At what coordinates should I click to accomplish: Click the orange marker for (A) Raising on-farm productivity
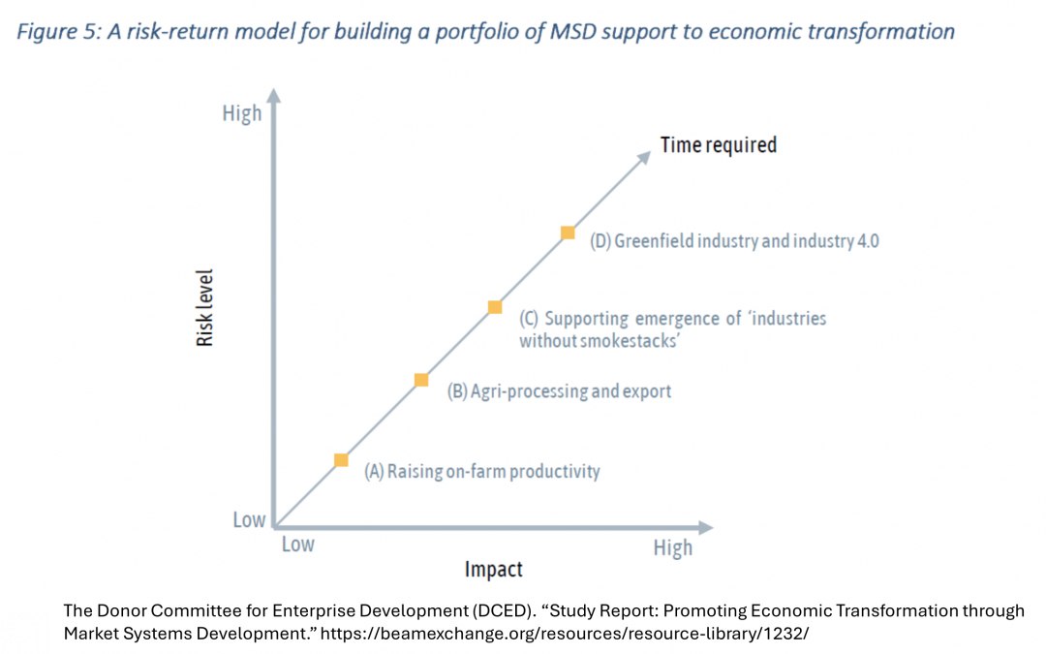click(341, 459)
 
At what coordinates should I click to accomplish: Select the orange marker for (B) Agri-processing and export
click(421, 380)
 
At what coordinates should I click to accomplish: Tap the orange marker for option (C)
click(495, 307)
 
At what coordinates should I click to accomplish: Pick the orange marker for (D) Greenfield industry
click(569, 233)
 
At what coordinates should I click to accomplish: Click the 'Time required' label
click(719, 145)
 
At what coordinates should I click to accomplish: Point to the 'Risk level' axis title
click(205, 308)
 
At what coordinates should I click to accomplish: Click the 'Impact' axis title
click(494, 569)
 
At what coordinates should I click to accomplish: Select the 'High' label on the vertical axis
click(242, 113)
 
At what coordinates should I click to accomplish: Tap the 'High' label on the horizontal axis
click(673, 548)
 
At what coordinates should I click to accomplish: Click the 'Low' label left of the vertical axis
click(249, 520)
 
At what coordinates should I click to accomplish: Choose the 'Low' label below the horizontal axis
click(297, 545)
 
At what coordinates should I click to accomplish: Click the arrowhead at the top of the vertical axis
click(274, 95)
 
